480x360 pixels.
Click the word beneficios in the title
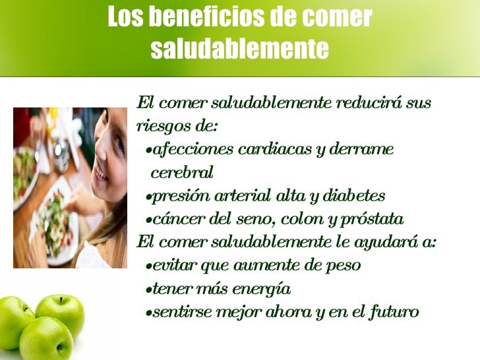pos(202,18)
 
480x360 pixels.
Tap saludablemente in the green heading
pos(239,48)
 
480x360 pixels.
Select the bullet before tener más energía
pos(148,290)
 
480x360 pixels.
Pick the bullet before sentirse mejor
pos(148,313)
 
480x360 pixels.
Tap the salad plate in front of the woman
pos(57,217)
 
